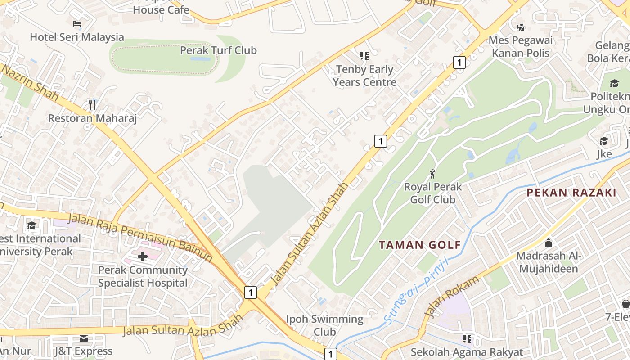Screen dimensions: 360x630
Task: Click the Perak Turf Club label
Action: point(218,50)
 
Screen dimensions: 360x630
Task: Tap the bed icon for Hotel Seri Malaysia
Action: point(77,24)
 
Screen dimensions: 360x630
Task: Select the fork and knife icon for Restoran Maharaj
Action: point(92,105)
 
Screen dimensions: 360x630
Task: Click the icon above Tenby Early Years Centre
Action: point(364,56)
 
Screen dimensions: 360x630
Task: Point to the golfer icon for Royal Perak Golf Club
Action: point(432,173)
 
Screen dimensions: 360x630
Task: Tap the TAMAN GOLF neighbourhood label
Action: point(420,245)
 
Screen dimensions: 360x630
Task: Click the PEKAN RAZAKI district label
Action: point(571,193)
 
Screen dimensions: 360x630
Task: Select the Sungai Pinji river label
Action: point(416,290)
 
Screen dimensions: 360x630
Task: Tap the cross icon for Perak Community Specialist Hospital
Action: point(142,256)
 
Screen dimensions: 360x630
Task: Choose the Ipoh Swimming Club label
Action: point(324,325)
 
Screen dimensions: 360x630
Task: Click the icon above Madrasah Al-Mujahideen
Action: point(549,243)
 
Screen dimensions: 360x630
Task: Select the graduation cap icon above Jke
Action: point(604,141)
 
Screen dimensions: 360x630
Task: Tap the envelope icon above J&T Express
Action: point(84,338)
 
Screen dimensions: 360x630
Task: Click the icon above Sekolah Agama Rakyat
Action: point(467,338)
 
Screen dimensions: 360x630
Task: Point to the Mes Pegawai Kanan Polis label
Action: point(521,46)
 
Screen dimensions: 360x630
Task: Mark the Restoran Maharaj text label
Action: point(92,118)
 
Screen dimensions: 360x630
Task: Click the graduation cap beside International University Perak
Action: point(31,225)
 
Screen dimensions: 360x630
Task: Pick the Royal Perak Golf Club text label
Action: point(432,193)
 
